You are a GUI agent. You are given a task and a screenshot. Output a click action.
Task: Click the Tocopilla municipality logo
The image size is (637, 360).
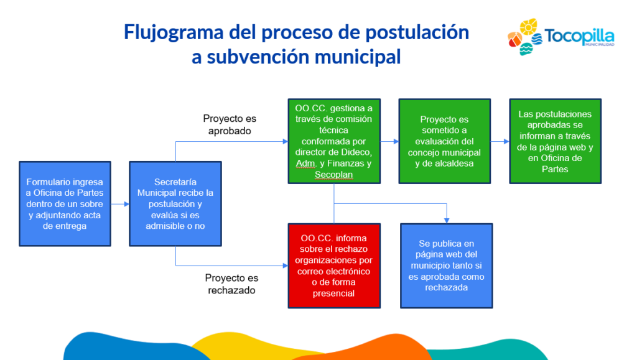[x=560, y=37]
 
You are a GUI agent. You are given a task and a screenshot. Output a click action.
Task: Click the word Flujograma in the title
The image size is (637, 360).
[x=174, y=32]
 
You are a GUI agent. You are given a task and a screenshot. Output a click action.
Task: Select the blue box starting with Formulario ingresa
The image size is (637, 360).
[x=65, y=204]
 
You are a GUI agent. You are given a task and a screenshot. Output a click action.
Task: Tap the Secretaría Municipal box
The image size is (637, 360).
[x=175, y=204]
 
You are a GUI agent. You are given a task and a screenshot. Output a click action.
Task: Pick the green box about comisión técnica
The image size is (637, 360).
[x=334, y=141]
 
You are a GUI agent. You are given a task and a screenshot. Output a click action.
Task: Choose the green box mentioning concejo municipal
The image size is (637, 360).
[x=444, y=141]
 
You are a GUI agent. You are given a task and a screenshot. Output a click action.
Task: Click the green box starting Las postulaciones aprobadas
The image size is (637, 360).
[x=556, y=141]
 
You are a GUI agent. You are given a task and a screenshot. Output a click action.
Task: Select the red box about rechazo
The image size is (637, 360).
[x=334, y=266]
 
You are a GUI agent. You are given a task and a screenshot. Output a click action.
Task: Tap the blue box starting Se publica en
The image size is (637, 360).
[x=447, y=266]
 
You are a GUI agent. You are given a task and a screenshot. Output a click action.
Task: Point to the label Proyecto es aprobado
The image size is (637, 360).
[x=230, y=124]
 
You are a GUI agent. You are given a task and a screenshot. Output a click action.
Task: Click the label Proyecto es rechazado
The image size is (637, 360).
[x=231, y=284]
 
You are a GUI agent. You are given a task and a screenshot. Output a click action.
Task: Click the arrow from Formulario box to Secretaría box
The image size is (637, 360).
[x=120, y=204]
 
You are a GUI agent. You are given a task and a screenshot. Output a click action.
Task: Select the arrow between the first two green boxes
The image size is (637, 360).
[x=389, y=141]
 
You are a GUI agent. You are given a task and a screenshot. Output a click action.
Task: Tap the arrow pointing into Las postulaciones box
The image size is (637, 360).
[x=500, y=141]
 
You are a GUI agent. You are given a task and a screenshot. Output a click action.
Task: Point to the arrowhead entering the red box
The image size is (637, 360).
[x=285, y=266]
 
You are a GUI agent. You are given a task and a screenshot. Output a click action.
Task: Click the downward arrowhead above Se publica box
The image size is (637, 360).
[x=447, y=220]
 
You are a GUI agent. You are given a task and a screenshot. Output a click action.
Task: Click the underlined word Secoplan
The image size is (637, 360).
[x=333, y=175]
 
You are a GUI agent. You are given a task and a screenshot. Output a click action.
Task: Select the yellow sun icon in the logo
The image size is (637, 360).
[x=528, y=27]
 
